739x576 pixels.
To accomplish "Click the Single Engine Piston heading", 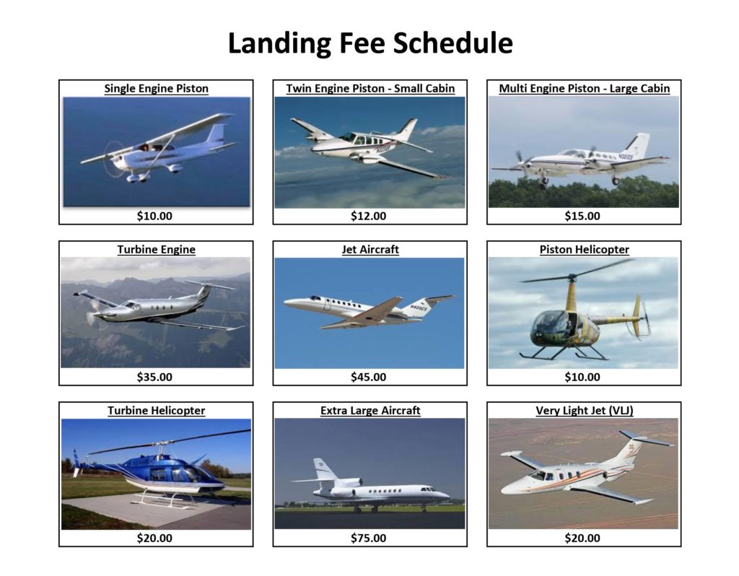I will (156, 89).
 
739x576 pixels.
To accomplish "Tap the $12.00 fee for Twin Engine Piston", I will (368, 216).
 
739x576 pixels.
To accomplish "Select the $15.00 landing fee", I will (582, 216).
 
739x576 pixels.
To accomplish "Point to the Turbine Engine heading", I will (156, 250).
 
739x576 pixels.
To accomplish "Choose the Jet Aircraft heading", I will (370, 250).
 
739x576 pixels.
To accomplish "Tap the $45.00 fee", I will (368, 377).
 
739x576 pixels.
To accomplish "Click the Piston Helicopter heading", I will (584, 250).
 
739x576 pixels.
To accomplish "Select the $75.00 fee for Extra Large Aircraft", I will (368, 538).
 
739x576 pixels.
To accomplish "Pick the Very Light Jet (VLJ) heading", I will (585, 411).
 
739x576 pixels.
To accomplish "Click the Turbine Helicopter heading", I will (156, 411).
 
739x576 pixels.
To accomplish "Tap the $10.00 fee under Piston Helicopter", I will (582, 377).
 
